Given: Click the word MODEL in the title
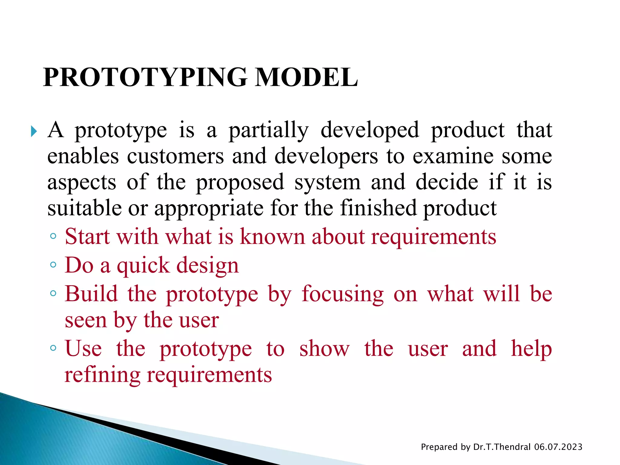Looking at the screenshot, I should (x=306, y=77).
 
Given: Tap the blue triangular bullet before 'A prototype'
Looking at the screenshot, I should (x=34, y=131).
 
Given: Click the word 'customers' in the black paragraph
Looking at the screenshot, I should (x=175, y=156).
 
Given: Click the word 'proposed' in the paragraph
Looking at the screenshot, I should (x=240, y=183).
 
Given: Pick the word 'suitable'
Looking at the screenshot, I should (x=84, y=208).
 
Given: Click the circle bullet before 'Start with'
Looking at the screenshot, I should (x=53, y=236).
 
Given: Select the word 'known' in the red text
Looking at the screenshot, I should (x=272, y=236).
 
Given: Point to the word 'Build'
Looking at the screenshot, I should (x=91, y=294).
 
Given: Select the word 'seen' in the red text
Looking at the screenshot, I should (x=86, y=320).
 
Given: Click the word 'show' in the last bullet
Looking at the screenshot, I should (x=324, y=349).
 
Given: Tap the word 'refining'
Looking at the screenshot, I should (x=102, y=375).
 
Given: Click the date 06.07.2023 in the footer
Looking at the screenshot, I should (x=558, y=447).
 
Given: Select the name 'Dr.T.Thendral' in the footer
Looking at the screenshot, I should (x=502, y=447).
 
